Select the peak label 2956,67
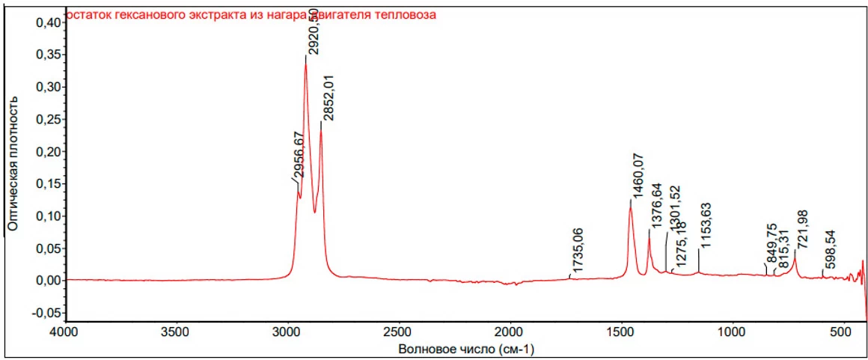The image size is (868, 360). pyautogui.click(x=298, y=156)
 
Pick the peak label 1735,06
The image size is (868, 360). pyautogui.click(x=577, y=252)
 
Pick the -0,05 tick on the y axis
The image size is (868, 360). pyautogui.click(x=46, y=313)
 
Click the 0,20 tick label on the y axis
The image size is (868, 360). pyautogui.click(x=47, y=152)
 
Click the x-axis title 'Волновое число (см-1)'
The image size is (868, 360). pyautogui.click(x=466, y=349)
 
